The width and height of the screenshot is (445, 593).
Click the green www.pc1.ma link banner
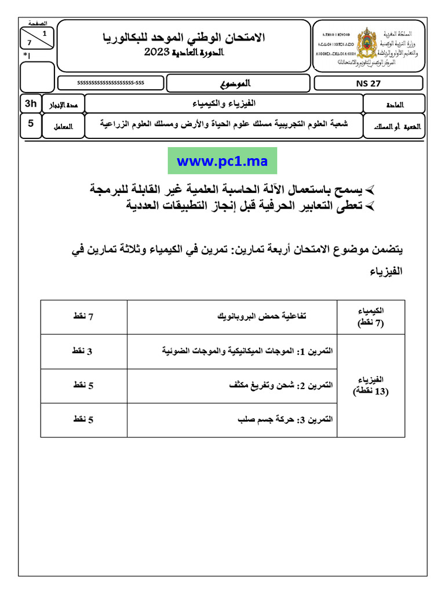click(222, 161)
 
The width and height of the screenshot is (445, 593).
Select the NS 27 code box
click(369, 83)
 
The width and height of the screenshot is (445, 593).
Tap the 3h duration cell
click(30, 104)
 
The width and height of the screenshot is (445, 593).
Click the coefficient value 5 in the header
click(30, 123)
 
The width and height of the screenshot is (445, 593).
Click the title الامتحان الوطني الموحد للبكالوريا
click(184, 38)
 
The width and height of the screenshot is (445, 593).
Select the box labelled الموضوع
click(238, 83)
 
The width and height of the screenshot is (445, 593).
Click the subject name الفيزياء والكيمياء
click(224, 103)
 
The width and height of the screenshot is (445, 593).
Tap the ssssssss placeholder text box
click(111, 83)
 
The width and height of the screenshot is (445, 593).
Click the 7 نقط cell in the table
click(83, 316)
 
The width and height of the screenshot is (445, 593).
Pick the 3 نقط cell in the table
click(83, 351)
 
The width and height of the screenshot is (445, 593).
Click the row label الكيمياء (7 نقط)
click(371, 317)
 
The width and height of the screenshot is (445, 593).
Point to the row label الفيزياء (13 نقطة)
click(371, 385)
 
